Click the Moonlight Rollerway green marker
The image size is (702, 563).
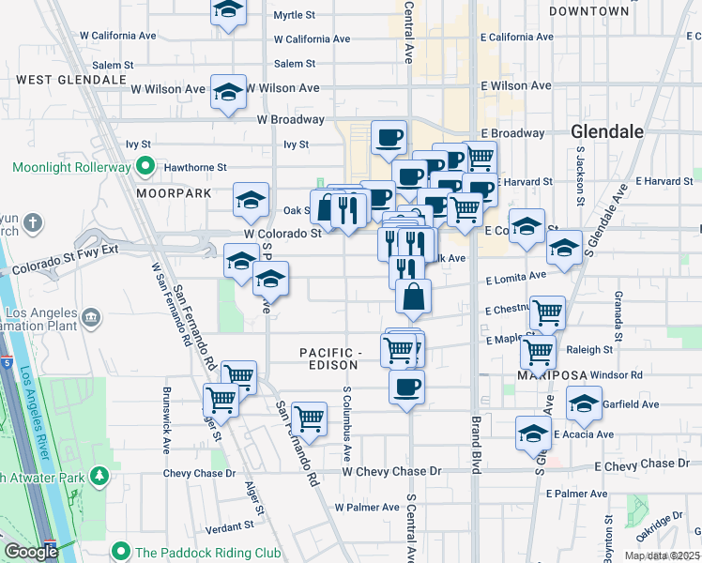tap(145, 167)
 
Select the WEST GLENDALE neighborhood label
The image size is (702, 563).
tap(71, 80)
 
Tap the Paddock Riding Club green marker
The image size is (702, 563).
tap(119, 550)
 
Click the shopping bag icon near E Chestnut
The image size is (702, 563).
tap(413, 298)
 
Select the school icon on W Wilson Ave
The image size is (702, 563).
tap(228, 92)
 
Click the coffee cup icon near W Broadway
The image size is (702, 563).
tap(389, 139)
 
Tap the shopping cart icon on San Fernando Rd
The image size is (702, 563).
tap(308, 418)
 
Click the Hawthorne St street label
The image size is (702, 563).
tap(196, 167)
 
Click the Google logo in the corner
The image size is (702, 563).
tap(30, 552)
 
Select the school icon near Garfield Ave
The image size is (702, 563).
tap(585, 404)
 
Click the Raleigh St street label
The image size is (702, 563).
tap(589, 350)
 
